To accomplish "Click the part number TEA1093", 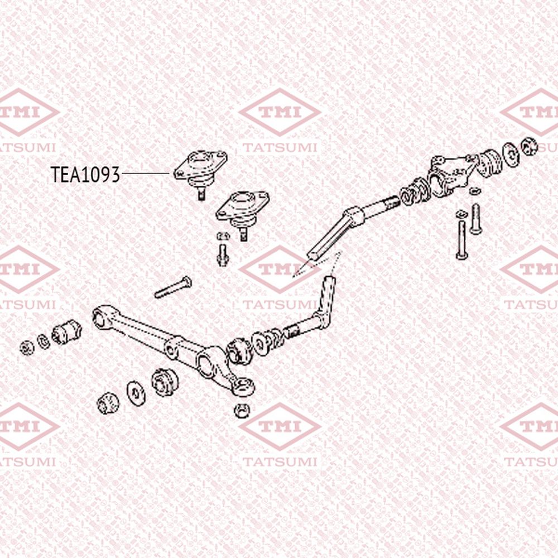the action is [85, 174].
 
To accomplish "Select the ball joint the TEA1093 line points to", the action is [200, 170].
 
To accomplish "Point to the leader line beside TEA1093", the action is [146, 174].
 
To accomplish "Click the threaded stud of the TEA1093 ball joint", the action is [201, 194].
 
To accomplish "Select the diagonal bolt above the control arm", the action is [173, 287].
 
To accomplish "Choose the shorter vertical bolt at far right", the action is [476, 219].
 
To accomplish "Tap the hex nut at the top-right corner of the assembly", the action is [529, 146].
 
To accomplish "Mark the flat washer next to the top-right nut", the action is [511, 154].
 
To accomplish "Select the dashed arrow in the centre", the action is [317, 264].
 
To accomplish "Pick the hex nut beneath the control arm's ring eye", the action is [242, 411].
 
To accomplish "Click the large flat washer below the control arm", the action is [136, 393].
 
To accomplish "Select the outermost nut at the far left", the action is [27, 348].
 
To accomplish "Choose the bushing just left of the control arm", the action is [66, 332].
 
